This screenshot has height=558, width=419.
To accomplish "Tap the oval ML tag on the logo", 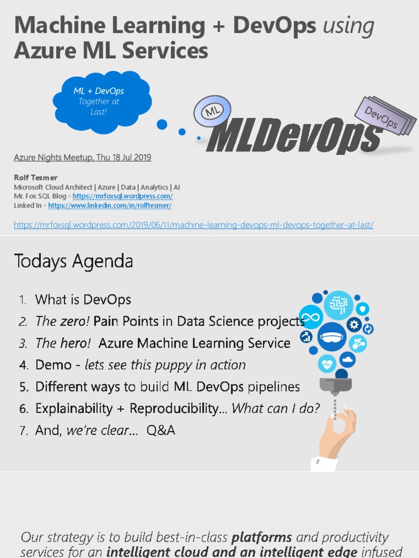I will click(212, 112).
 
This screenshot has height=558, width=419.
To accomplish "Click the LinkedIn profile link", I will click(110, 205).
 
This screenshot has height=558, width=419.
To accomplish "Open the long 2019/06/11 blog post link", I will click(194, 225).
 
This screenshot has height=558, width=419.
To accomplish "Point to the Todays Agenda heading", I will click(73, 261).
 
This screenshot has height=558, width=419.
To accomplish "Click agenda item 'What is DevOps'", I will click(83, 300).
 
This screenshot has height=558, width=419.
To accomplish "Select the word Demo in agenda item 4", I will click(53, 365).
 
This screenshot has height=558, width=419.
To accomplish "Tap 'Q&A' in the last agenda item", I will click(161, 430).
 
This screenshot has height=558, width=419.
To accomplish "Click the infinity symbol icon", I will click(311, 317).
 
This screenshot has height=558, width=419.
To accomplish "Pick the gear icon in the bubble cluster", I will click(354, 325).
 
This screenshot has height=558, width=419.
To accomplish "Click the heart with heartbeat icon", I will click(327, 362).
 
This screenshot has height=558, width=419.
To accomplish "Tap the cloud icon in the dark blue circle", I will click(348, 359).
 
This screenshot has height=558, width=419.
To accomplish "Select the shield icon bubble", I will click(362, 309).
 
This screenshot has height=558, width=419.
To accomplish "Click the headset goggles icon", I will click(332, 337).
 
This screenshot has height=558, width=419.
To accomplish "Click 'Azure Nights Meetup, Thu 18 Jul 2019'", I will click(82, 157).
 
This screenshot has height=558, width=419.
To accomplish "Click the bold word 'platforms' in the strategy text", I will click(262, 537).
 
